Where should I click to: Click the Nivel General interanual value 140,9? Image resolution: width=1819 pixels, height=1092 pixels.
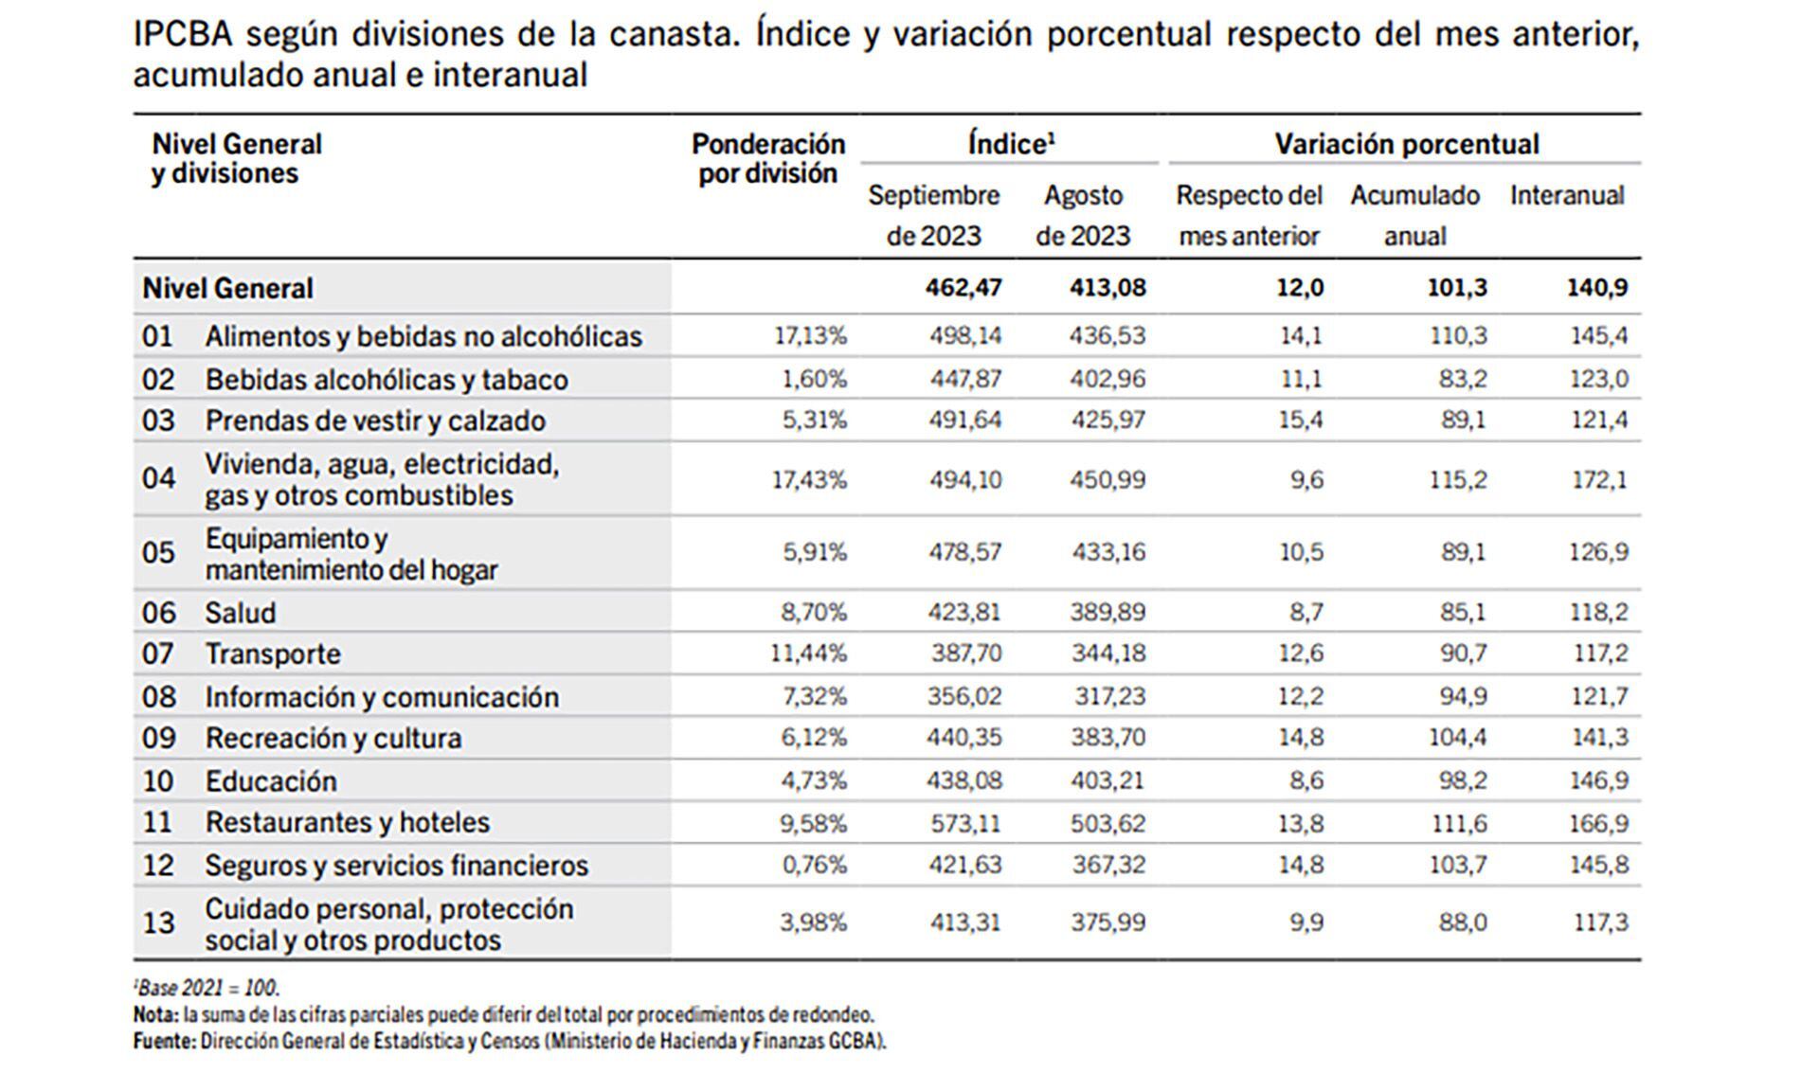click(1597, 287)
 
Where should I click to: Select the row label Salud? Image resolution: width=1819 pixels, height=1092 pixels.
click(240, 613)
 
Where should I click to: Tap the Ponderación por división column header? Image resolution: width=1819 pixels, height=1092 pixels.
click(767, 158)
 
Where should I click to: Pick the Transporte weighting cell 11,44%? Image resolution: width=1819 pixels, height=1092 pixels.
click(808, 653)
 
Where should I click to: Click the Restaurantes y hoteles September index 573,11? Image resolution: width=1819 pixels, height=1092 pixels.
click(964, 823)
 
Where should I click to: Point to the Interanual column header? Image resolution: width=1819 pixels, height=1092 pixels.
click(1566, 196)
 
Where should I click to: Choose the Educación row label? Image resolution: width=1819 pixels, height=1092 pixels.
click(271, 781)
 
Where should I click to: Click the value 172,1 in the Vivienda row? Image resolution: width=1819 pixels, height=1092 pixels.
click(1599, 480)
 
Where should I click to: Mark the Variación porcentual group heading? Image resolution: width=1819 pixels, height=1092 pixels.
click(1406, 144)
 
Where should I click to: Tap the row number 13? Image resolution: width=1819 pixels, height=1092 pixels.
click(158, 922)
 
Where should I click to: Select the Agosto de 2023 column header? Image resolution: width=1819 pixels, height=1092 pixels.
click(1083, 215)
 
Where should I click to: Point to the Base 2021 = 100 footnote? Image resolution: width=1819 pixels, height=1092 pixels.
click(207, 989)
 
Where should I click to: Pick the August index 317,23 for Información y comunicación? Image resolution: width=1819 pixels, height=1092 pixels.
click(1109, 696)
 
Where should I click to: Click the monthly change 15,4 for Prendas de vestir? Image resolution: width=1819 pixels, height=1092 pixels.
click(1301, 420)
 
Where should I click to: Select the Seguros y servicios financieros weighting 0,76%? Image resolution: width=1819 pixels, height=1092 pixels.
click(814, 865)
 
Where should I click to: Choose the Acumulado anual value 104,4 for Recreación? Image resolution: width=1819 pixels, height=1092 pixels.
click(1456, 737)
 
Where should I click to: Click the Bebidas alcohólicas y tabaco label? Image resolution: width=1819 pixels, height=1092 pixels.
click(387, 380)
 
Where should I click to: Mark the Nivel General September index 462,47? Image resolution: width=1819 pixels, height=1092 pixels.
click(964, 287)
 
